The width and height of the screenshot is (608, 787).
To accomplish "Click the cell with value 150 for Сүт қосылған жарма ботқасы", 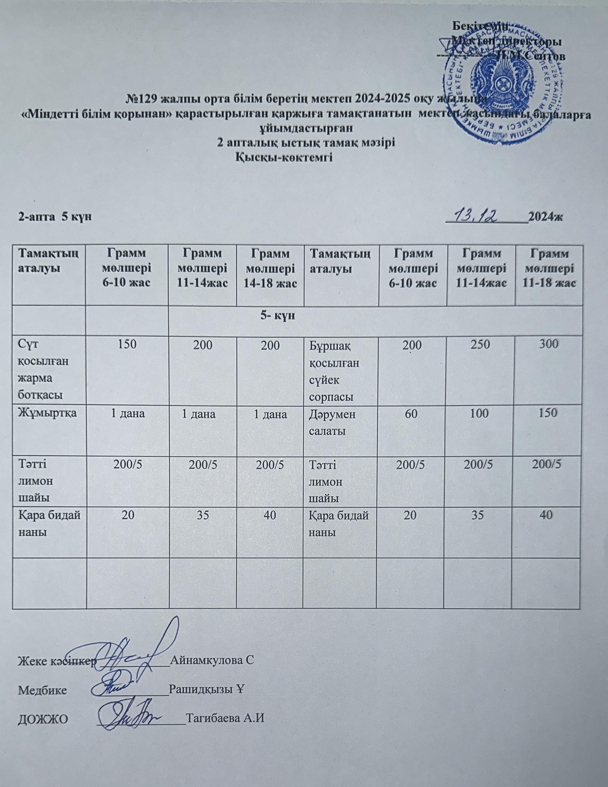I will pyautogui.click(x=127, y=345).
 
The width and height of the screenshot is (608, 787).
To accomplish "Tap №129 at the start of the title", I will pyautogui.click(x=142, y=98).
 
